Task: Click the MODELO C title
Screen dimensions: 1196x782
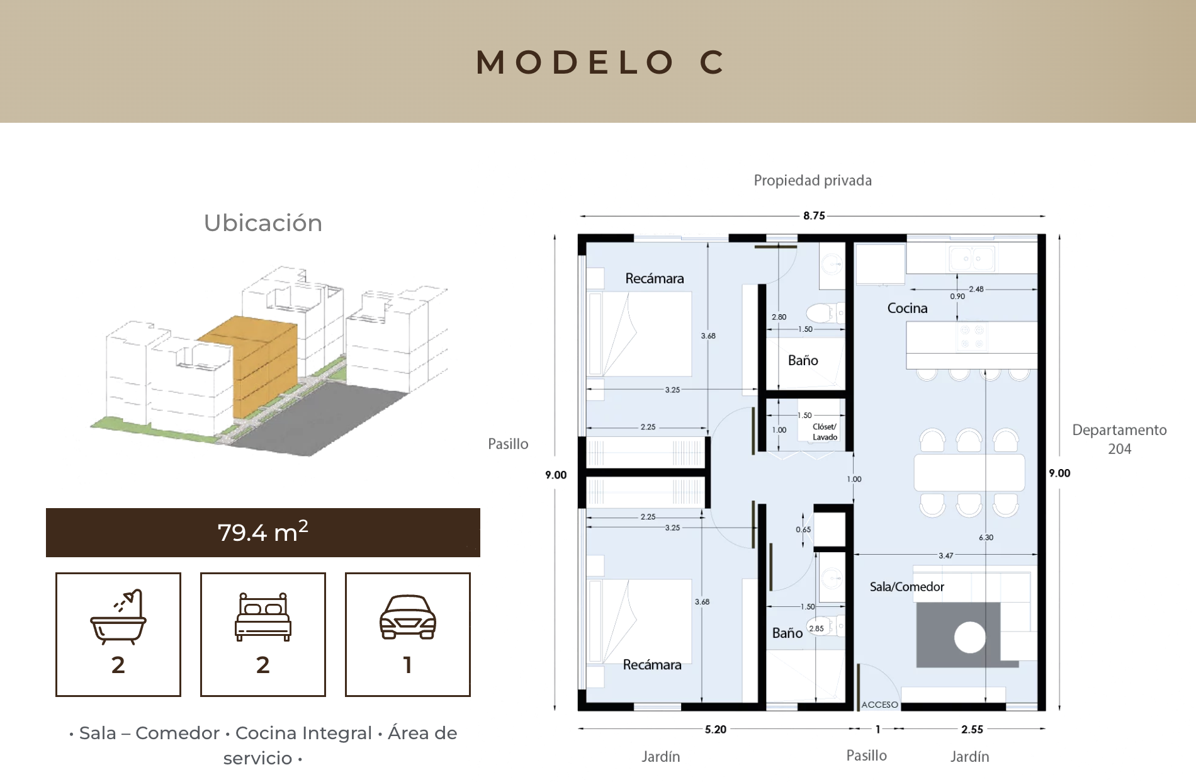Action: (x=601, y=62)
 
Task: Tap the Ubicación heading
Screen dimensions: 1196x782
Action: (x=263, y=223)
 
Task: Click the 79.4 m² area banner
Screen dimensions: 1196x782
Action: (x=263, y=533)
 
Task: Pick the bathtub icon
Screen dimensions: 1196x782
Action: (x=118, y=616)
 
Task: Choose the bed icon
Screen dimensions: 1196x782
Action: (x=263, y=616)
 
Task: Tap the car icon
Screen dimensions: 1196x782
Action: (x=408, y=616)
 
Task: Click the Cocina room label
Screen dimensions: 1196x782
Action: (x=907, y=308)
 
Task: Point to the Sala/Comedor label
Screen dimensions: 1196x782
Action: (x=907, y=587)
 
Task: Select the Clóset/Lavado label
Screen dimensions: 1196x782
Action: (x=825, y=432)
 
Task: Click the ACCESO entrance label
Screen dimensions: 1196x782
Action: (x=879, y=705)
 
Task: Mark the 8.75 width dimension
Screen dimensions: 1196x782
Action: (x=814, y=215)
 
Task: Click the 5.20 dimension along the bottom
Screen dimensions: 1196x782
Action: (x=716, y=729)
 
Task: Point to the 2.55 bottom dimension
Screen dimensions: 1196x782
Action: (x=972, y=729)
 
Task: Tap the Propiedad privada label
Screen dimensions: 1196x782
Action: (x=813, y=181)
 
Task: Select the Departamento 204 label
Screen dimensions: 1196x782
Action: (x=1120, y=439)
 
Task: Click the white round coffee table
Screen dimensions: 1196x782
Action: (x=969, y=637)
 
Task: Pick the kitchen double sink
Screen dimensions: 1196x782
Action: (x=971, y=258)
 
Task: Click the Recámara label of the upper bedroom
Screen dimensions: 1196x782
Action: (x=655, y=278)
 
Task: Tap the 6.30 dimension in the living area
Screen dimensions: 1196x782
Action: (x=986, y=537)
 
